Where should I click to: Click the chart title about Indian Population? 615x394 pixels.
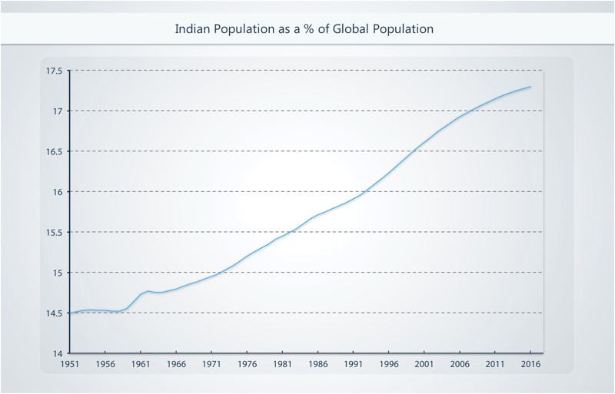click(x=304, y=30)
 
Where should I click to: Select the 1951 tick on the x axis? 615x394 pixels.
click(x=69, y=365)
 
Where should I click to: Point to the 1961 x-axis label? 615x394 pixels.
click(x=140, y=365)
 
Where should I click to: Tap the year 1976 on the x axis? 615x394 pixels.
click(x=246, y=365)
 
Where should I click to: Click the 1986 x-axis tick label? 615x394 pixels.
click(x=317, y=365)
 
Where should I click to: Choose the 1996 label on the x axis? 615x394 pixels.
click(x=388, y=365)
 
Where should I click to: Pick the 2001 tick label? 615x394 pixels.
click(x=424, y=365)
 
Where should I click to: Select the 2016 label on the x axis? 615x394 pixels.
click(x=530, y=365)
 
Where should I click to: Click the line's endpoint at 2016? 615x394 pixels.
click(x=530, y=87)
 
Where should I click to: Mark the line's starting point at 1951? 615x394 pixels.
click(x=69, y=313)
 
